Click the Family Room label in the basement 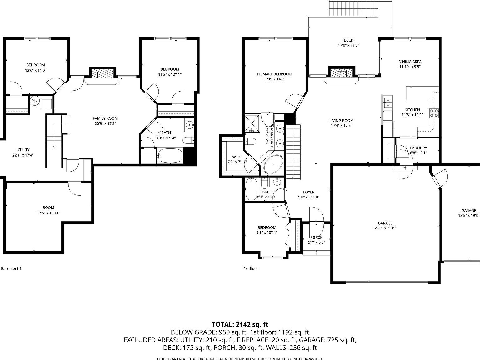coord(105,118)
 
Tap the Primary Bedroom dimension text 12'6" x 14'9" coord(274,79)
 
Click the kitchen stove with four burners coord(434,113)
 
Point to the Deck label coord(348,40)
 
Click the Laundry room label coord(418,148)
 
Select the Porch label coord(316,237)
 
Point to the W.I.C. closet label coord(237,157)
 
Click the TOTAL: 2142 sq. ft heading coord(240,324)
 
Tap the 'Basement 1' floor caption coord(11,268)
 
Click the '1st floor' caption coord(251,268)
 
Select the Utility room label coord(23,150)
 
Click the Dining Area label coord(410,62)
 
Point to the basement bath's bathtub coord(170,155)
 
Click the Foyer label coord(308,192)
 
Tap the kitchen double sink coord(388,102)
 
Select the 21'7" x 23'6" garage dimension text coord(385,228)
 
